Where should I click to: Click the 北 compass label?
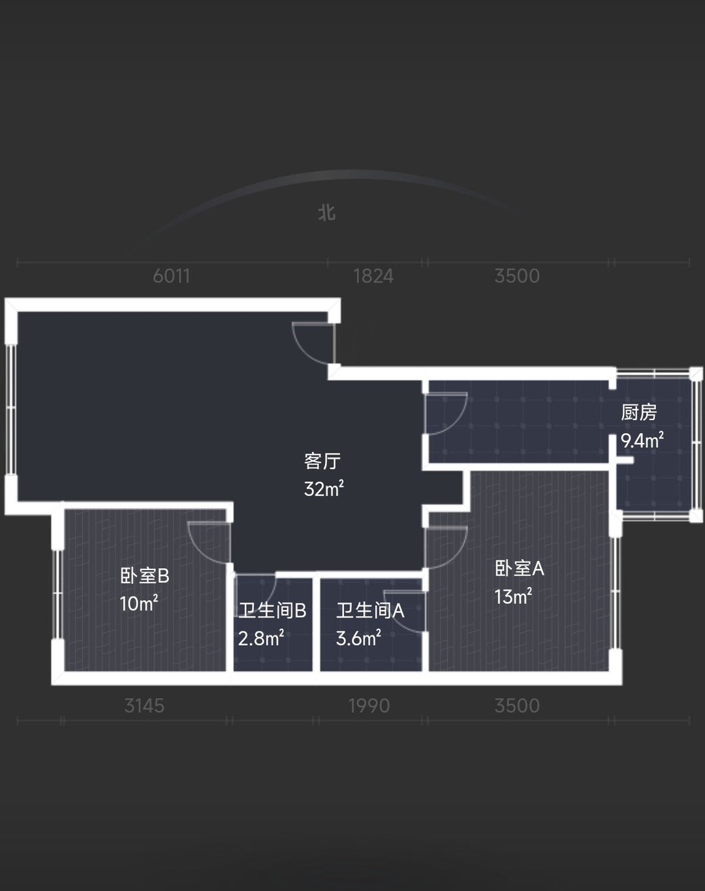[327, 213]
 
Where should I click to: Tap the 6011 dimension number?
[172, 276]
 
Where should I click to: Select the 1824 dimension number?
[373, 276]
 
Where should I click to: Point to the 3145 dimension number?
[145, 706]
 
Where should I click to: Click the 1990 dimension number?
[369, 706]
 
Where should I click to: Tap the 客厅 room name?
[322, 461]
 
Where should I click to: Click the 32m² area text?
[324, 489]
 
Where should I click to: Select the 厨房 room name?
[638, 412]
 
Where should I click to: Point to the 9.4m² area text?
[642, 440]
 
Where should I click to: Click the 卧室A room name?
[520, 569]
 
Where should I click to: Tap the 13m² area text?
[513, 597]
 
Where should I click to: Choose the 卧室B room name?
[145, 576]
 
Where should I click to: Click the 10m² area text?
[139, 603]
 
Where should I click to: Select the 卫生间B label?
[272, 611]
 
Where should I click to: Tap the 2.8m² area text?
[261, 639]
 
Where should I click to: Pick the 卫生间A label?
[370, 611]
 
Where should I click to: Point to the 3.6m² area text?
[358, 639]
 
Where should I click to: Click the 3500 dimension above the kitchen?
[517, 276]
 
